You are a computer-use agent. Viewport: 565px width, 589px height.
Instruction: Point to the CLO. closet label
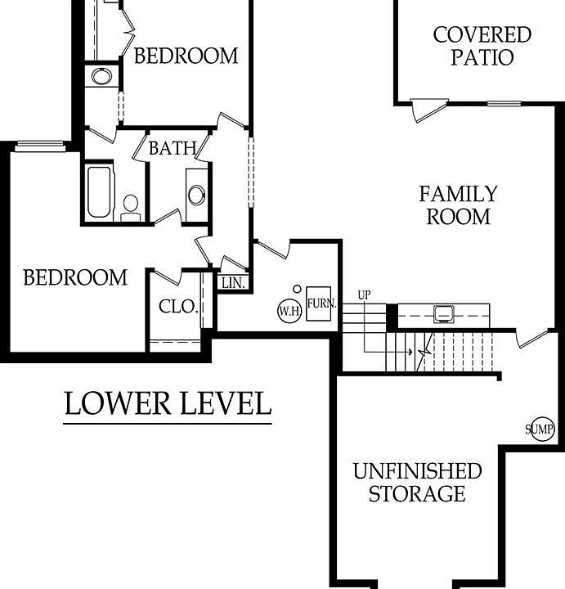coord(178,308)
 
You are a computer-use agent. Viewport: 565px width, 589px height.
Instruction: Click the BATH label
coord(173,148)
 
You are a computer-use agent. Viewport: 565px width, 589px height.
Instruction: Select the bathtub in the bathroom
coord(99,193)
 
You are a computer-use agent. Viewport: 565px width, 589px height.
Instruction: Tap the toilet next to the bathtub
coord(130,207)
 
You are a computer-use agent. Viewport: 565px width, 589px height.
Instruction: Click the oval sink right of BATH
coord(197,195)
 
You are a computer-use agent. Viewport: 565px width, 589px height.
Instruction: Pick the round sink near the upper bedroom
coord(101,77)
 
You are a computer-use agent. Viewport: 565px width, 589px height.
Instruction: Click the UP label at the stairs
coord(365,295)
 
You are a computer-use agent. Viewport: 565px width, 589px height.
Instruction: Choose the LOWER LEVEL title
coord(167,404)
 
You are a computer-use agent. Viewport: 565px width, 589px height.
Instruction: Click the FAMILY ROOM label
coord(458,205)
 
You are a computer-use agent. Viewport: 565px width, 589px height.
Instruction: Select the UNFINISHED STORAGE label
coord(417,483)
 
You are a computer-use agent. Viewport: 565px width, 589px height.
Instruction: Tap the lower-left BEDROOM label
coord(75,277)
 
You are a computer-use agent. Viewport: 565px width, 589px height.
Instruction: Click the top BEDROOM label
coord(186,56)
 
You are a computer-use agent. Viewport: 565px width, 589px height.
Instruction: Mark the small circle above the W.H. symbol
coord(297,289)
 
